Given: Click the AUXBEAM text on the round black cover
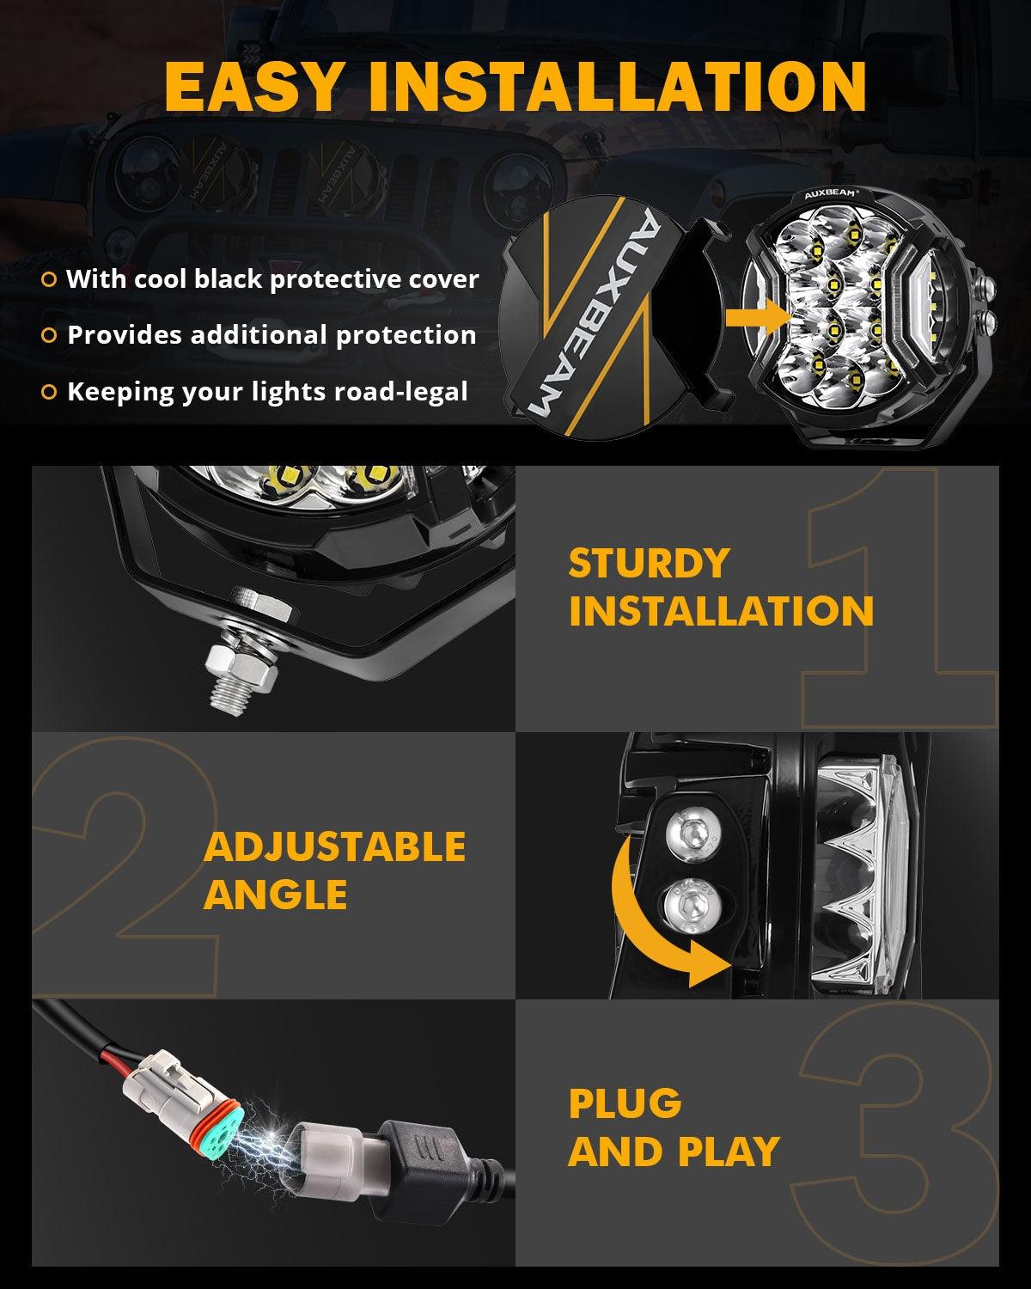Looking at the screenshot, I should tap(594, 316).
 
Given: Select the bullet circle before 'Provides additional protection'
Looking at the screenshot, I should tap(49, 335).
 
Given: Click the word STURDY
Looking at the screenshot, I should tap(649, 564).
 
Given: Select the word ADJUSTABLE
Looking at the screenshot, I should tap(334, 847).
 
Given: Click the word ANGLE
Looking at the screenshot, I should tap(275, 895).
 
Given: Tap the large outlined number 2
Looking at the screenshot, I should tap(129, 859).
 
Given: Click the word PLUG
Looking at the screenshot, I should tap(625, 1104).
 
